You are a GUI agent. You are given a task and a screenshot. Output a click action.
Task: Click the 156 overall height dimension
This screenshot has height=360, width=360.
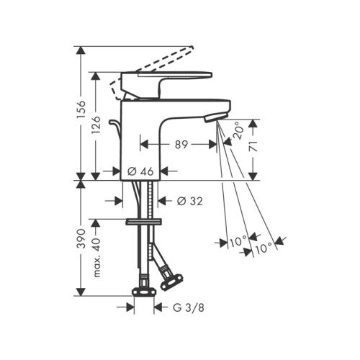tap(82, 109)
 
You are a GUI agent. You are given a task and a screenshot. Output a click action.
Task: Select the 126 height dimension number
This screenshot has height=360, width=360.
tap(96, 125)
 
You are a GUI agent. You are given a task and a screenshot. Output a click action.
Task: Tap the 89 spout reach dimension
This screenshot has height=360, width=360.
tap(181, 145)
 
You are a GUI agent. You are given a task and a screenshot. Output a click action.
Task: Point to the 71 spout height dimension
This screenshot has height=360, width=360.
tap(253, 146)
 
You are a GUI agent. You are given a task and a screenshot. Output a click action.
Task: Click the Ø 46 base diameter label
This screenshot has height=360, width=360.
tap(140, 171)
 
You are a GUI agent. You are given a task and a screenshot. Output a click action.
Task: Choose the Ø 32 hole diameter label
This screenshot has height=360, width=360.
tap(190, 201)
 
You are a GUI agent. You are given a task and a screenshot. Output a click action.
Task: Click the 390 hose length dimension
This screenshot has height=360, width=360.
tap(82, 238)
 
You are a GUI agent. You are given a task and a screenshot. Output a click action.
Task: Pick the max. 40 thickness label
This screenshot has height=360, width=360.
tap(96, 257)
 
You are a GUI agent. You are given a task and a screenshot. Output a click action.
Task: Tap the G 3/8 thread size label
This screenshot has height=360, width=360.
tap(189, 307)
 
